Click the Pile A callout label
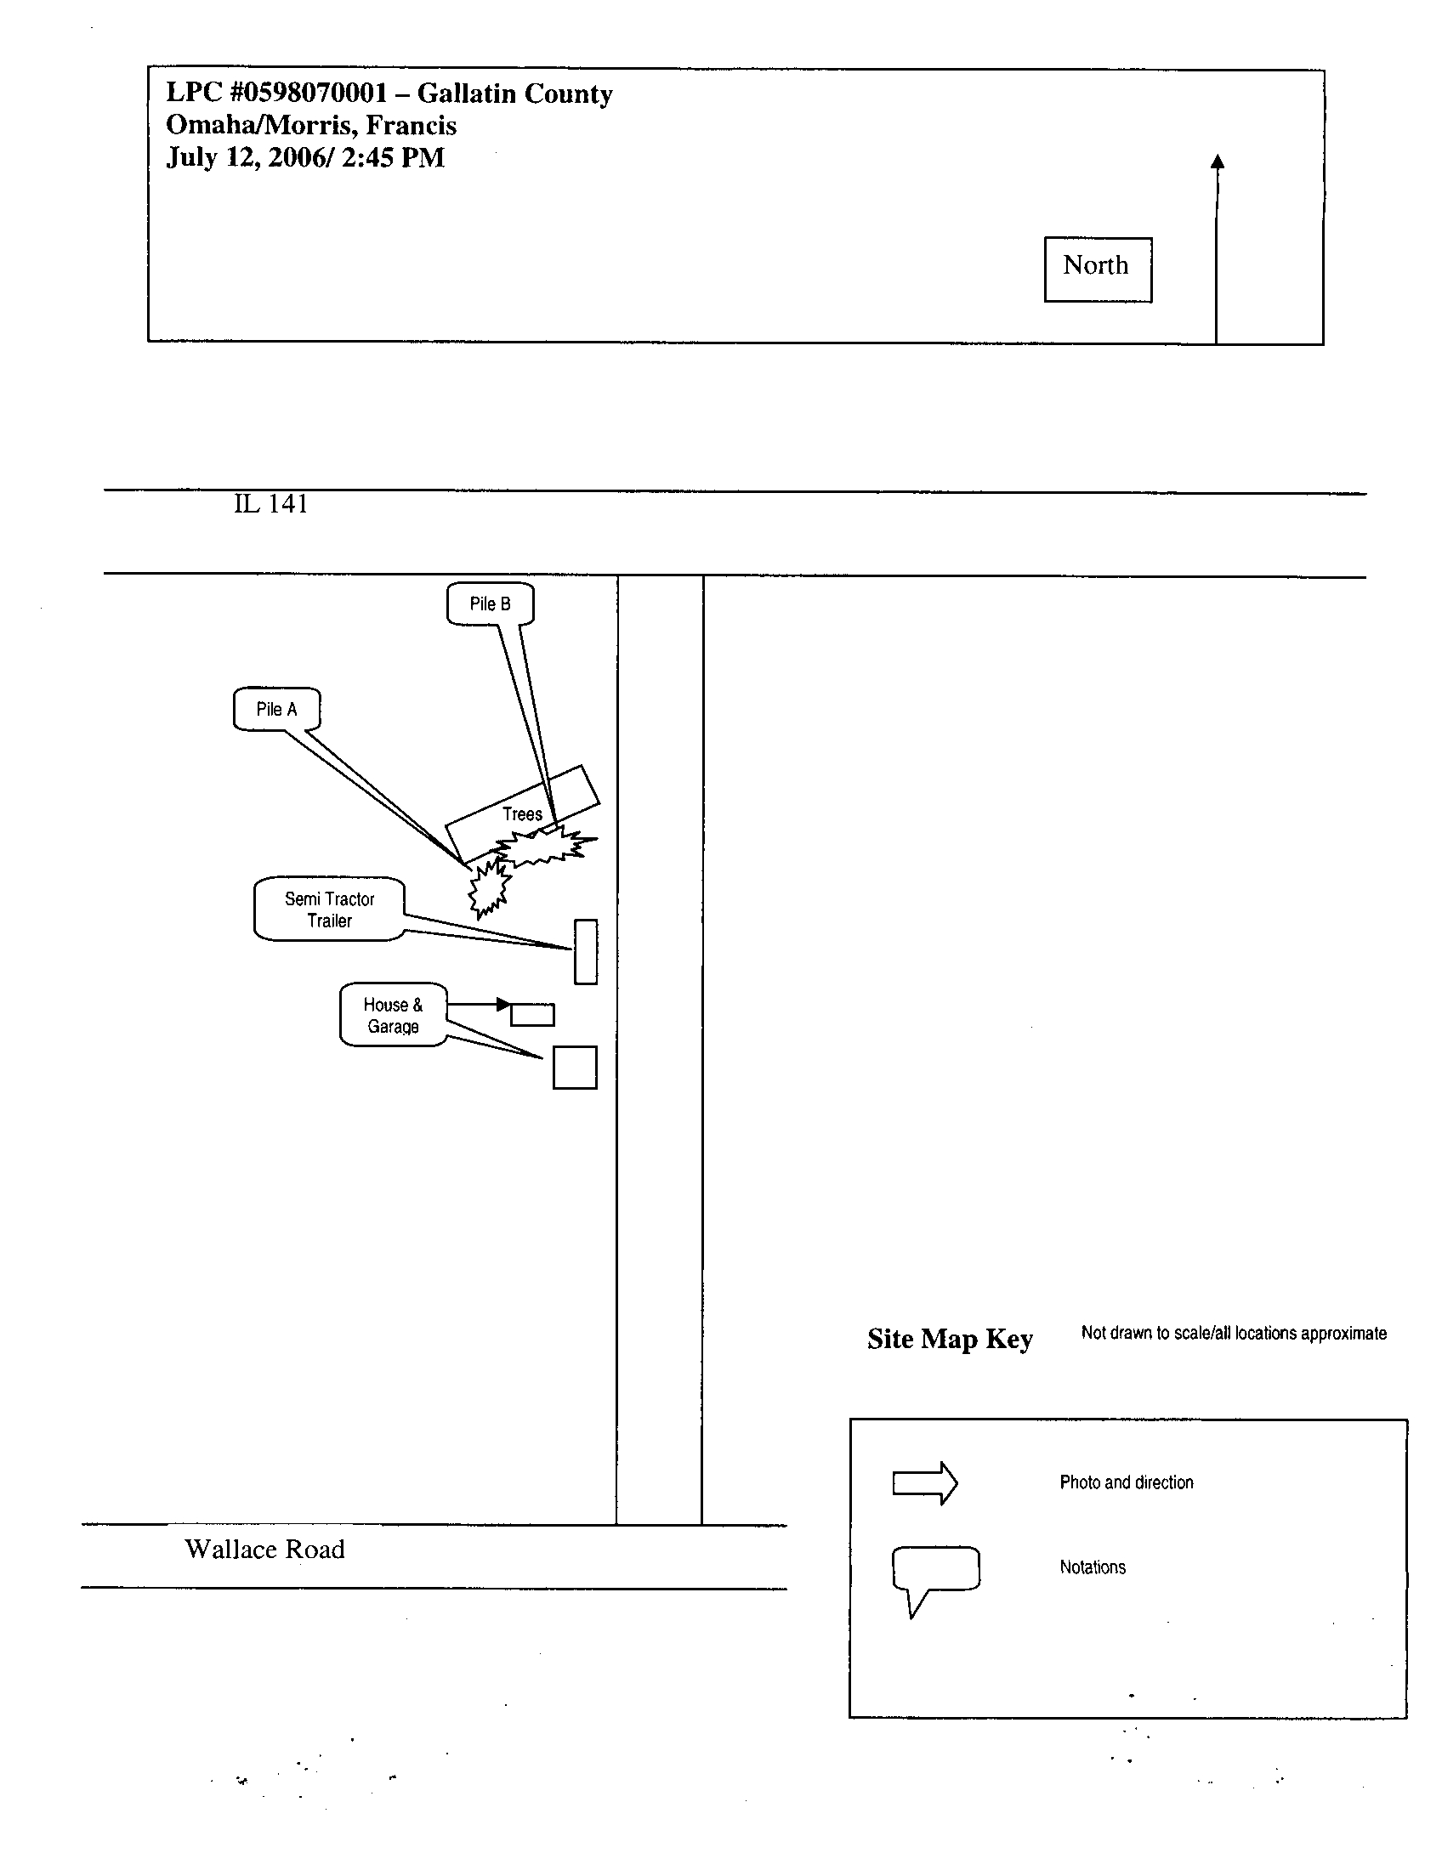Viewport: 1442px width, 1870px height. coord(276,709)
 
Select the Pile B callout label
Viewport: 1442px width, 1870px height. coord(491,603)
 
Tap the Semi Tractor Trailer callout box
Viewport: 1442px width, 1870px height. coord(330,909)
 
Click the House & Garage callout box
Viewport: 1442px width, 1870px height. coord(394,1015)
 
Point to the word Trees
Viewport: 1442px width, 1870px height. coord(522,814)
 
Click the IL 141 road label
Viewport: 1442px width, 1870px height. coord(270,503)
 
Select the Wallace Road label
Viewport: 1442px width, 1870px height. coord(264,1549)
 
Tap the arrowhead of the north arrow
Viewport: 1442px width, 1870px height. coord(1218,161)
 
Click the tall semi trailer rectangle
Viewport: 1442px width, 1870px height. coord(586,951)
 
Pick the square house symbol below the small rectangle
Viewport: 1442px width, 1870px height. coord(575,1067)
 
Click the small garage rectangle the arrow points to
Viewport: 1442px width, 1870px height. coord(532,1015)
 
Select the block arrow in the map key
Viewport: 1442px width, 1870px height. coord(925,1483)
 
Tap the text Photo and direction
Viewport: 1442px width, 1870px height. coord(1126,1482)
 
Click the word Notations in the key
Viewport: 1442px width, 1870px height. coord(1093,1567)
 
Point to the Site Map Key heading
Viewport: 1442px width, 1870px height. coord(950,1338)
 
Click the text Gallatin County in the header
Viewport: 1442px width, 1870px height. coord(514,93)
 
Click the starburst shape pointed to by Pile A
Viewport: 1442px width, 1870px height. coord(489,889)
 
